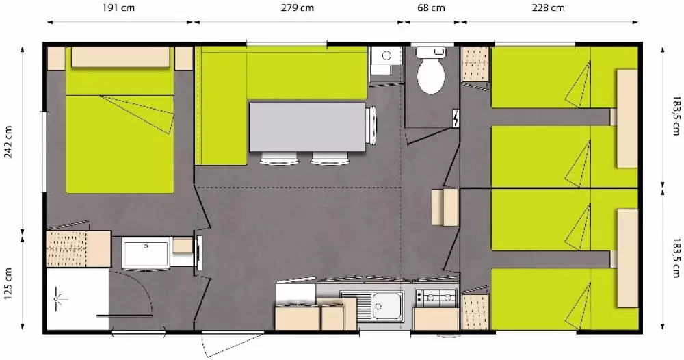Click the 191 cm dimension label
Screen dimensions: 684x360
tap(118, 8)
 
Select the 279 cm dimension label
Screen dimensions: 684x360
tap(297, 8)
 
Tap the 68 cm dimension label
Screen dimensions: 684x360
tap(431, 8)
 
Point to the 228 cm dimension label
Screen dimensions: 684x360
tap(548, 8)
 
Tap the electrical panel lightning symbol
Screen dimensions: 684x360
tap(456, 118)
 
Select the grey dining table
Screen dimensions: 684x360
tap(307, 127)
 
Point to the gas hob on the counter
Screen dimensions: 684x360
tap(436, 298)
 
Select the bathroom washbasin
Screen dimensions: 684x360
tap(146, 253)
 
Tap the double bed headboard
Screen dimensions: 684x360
tap(120, 57)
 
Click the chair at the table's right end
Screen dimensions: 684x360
tap(371, 125)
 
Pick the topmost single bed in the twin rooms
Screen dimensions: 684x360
tap(564, 77)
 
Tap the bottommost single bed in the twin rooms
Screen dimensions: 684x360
tap(564, 299)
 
